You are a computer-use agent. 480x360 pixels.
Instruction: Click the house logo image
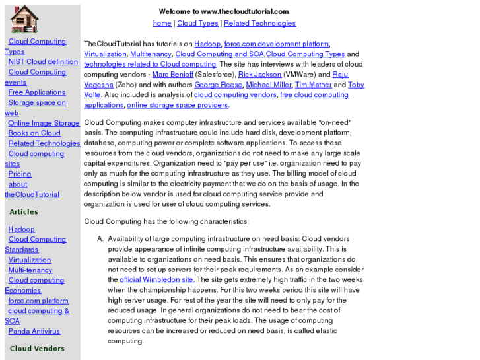pos(24,18)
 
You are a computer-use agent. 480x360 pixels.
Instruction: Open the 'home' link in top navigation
pos(162,24)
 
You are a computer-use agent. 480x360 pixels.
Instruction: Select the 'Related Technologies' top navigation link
pos(259,24)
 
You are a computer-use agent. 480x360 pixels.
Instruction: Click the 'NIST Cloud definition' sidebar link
pos(43,62)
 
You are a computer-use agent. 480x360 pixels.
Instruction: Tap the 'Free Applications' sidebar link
pos(36,92)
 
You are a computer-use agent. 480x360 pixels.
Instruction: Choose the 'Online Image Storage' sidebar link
pos(44,123)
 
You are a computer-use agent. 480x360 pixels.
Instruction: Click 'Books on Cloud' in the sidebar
pos(34,133)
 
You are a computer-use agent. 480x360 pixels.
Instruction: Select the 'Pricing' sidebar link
pos(20,174)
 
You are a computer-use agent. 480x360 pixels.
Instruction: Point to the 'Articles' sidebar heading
pos(24,212)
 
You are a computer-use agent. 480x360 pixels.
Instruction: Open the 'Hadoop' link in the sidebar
pos(21,229)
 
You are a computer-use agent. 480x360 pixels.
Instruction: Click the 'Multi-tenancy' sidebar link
pos(30,270)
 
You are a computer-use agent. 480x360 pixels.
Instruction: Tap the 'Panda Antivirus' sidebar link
pos(34,332)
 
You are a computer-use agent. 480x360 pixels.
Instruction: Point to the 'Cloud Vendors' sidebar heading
pos(37,349)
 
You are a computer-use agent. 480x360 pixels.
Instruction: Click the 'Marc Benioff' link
pos(173,75)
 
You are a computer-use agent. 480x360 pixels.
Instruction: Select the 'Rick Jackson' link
pos(259,75)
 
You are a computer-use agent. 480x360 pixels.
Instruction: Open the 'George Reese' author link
pos(218,85)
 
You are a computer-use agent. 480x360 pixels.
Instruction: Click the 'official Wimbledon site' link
pos(151,280)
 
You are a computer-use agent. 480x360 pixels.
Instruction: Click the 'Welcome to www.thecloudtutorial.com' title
pos(224,11)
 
